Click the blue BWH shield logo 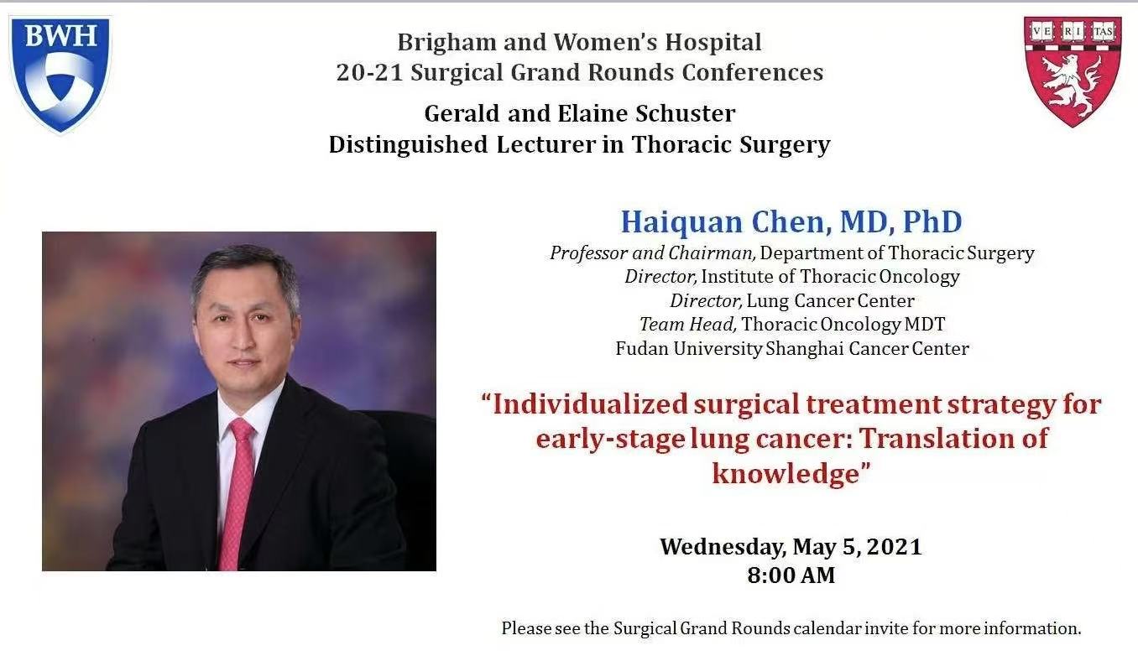(60, 74)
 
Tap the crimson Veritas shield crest (1073, 71)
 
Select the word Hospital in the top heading (713, 42)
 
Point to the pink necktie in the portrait (238, 492)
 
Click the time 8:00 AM (791, 575)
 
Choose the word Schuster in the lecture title (686, 113)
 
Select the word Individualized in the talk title (590, 404)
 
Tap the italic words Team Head (687, 325)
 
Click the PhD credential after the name (932, 221)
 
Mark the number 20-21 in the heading (369, 73)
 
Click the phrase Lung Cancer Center (831, 300)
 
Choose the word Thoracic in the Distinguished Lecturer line (681, 144)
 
